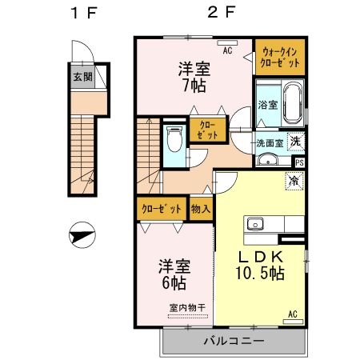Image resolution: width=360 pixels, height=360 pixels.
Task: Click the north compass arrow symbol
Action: click(82, 237)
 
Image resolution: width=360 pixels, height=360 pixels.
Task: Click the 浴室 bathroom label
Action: click(267, 105)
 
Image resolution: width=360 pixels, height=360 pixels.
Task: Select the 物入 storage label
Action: click(201, 209)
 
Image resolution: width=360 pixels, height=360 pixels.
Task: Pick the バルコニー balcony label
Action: click(234, 342)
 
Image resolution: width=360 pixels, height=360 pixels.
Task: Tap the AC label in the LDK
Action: click(292, 313)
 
